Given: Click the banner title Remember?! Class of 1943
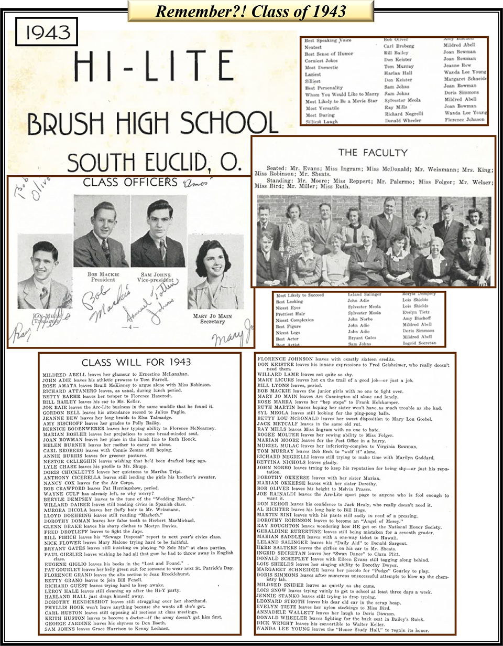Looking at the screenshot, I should [251, 10].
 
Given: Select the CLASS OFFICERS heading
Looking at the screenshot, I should [130, 182].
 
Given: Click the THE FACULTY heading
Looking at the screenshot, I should [373, 153].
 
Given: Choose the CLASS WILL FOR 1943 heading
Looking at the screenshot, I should [136, 362].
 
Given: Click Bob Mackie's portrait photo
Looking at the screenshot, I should [101, 234].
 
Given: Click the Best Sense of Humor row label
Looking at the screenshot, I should [329, 54].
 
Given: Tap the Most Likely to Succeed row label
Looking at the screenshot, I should [300, 295].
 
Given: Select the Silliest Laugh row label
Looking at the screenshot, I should [321, 121].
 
